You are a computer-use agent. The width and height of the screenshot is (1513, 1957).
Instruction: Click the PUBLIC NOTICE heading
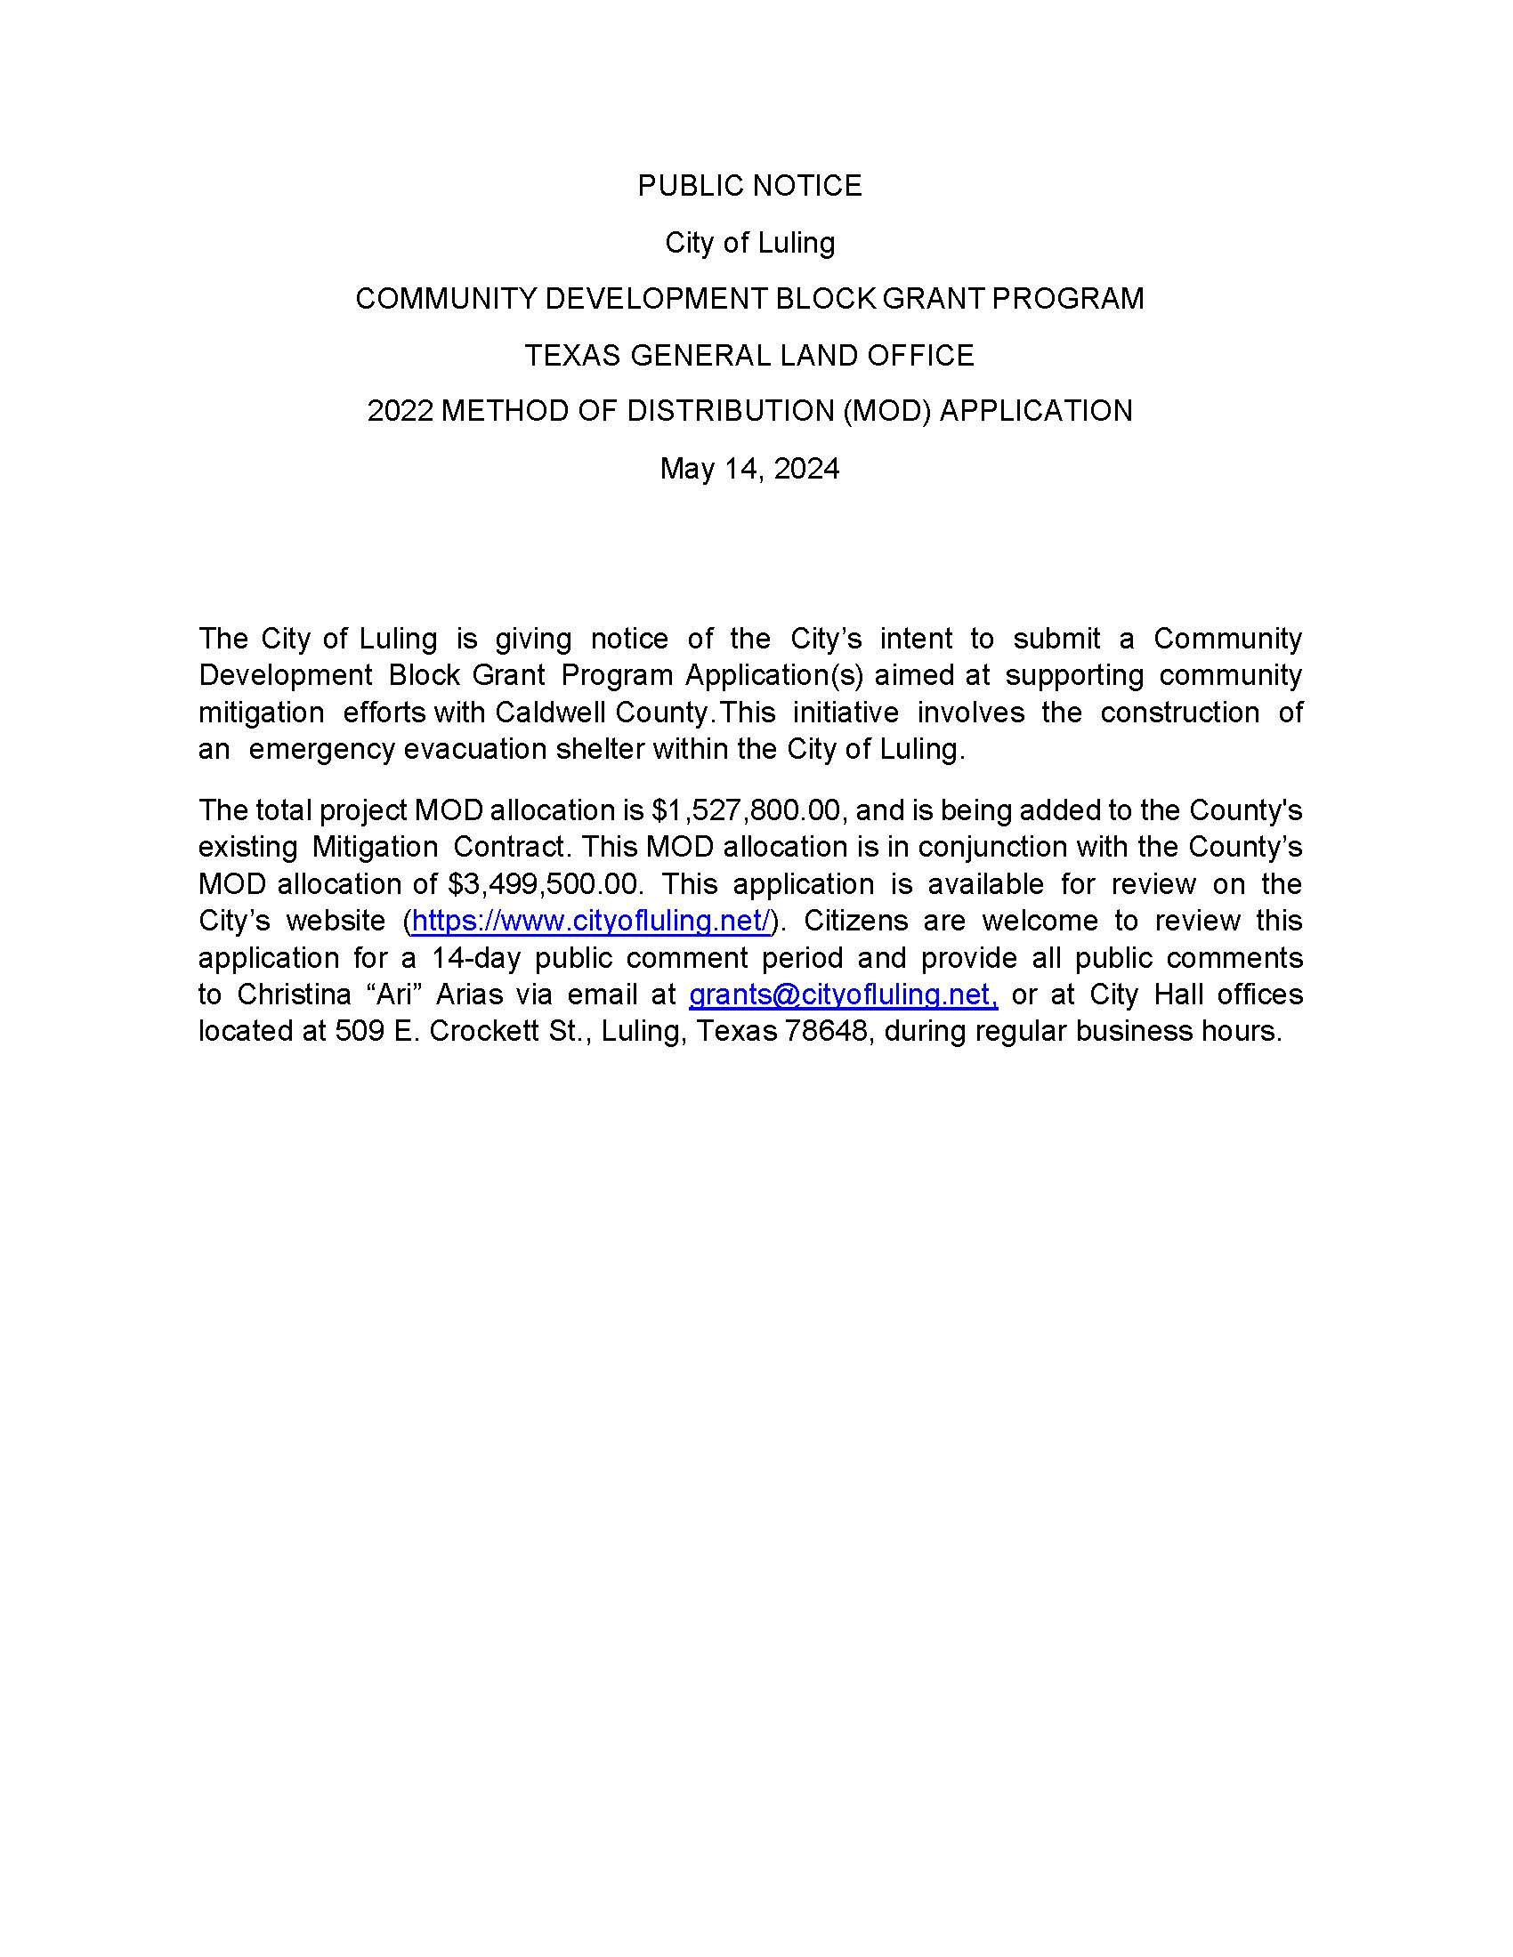(749, 186)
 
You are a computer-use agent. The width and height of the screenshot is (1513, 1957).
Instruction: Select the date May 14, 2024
(749, 469)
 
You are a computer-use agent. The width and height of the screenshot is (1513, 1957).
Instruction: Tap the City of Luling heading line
(749, 243)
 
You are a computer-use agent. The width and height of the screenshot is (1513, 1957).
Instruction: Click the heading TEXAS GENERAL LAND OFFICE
(749, 356)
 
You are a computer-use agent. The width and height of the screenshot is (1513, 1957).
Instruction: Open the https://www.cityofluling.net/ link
(591, 922)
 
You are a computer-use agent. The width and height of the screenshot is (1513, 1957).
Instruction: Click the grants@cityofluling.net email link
(843, 995)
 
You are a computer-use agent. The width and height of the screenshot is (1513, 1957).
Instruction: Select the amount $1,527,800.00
(746, 810)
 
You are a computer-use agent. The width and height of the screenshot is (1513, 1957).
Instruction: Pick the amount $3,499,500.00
(544, 884)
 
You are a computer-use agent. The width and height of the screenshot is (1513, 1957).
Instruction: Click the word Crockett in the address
(479, 1031)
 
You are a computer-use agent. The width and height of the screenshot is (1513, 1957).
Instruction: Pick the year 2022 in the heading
(400, 411)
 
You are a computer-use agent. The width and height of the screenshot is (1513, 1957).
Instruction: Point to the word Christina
(294, 995)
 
